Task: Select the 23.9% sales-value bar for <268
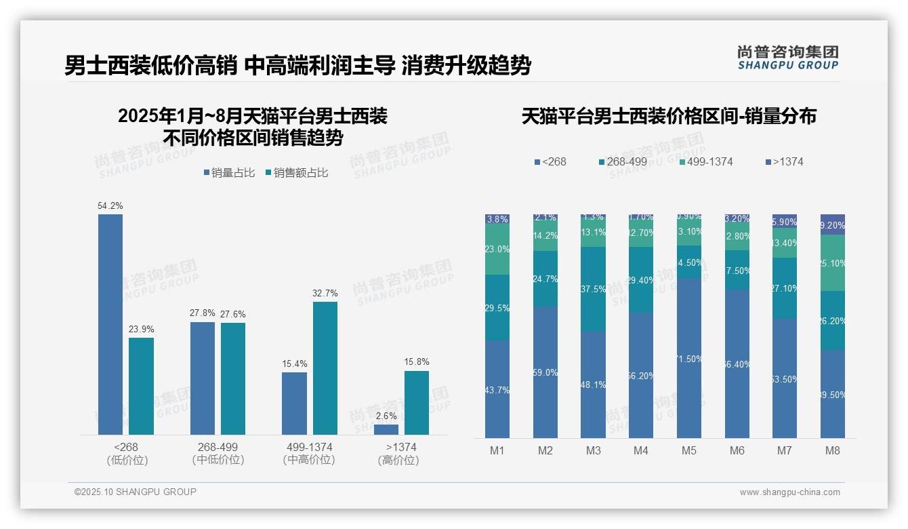[x=141, y=386]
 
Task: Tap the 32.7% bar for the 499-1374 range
[x=325, y=368]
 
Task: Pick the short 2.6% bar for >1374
[x=386, y=429]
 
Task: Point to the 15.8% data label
[x=416, y=361]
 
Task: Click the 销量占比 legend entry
[x=228, y=173]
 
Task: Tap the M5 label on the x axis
[x=689, y=451]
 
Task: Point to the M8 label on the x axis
[x=833, y=451]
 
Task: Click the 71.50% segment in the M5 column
[x=689, y=358]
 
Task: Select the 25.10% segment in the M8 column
[x=833, y=263]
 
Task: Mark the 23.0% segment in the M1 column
[x=497, y=249]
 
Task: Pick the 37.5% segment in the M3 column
[x=593, y=289]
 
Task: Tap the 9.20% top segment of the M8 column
[x=833, y=224]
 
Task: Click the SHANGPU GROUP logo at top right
[x=787, y=58]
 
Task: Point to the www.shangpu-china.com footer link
[x=789, y=492]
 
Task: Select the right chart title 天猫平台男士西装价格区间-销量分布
[x=669, y=116]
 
